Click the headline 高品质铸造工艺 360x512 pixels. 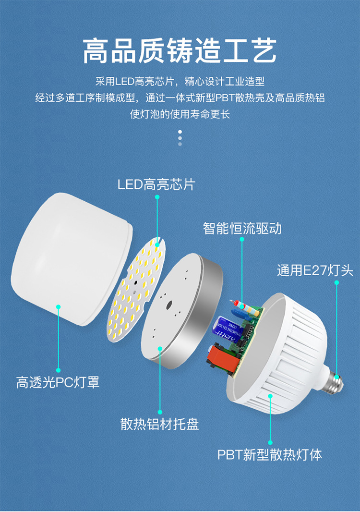(x=180, y=51)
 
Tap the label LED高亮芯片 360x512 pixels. (x=156, y=184)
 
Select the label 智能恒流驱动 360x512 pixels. (x=242, y=228)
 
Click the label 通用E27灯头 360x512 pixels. (x=315, y=270)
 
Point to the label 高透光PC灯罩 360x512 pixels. (x=58, y=383)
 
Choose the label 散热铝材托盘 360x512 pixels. (x=159, y=424)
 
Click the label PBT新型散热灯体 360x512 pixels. (x=270, y=454)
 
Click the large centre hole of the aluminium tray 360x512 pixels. (x=169, y=305)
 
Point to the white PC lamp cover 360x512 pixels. (x=70, y=259)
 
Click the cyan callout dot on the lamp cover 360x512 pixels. (x=58, y=306)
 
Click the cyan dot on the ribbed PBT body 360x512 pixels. (x=270, y=396)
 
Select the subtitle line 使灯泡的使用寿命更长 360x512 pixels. (x=180, y=115)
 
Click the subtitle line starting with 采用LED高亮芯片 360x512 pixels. (x=180, y=82)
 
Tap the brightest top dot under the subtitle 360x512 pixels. (x=180, y=131)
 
